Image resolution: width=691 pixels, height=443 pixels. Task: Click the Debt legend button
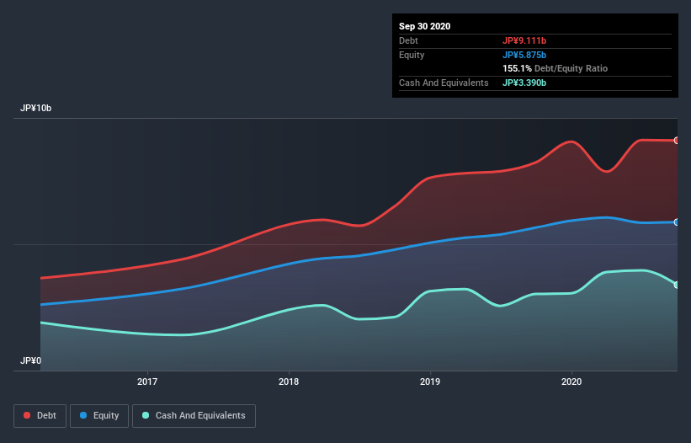click(39, 415)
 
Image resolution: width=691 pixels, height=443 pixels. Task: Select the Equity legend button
click(99, 415)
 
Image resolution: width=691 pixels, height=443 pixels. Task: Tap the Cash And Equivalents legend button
click(194, 415)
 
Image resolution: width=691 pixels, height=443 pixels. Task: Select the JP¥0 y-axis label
click(31, 360)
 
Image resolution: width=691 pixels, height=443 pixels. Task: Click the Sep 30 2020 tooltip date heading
click(425, 26)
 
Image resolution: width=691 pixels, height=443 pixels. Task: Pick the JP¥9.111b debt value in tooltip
click(524, 40)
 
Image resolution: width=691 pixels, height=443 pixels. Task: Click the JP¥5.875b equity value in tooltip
click(524, 55)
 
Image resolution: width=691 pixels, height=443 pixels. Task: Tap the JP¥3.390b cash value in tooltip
click(524, 83)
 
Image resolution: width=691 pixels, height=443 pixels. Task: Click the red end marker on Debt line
click(677, 141)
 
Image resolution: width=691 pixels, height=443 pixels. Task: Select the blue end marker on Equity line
click(677, 222)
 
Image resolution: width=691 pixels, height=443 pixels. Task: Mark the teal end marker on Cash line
click(677, 285)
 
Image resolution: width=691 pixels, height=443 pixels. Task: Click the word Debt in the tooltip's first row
click(408, 40)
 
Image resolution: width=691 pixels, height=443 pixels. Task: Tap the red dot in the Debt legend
click(28, 415)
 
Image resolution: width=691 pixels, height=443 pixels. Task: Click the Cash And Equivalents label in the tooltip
click(444, 83)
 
